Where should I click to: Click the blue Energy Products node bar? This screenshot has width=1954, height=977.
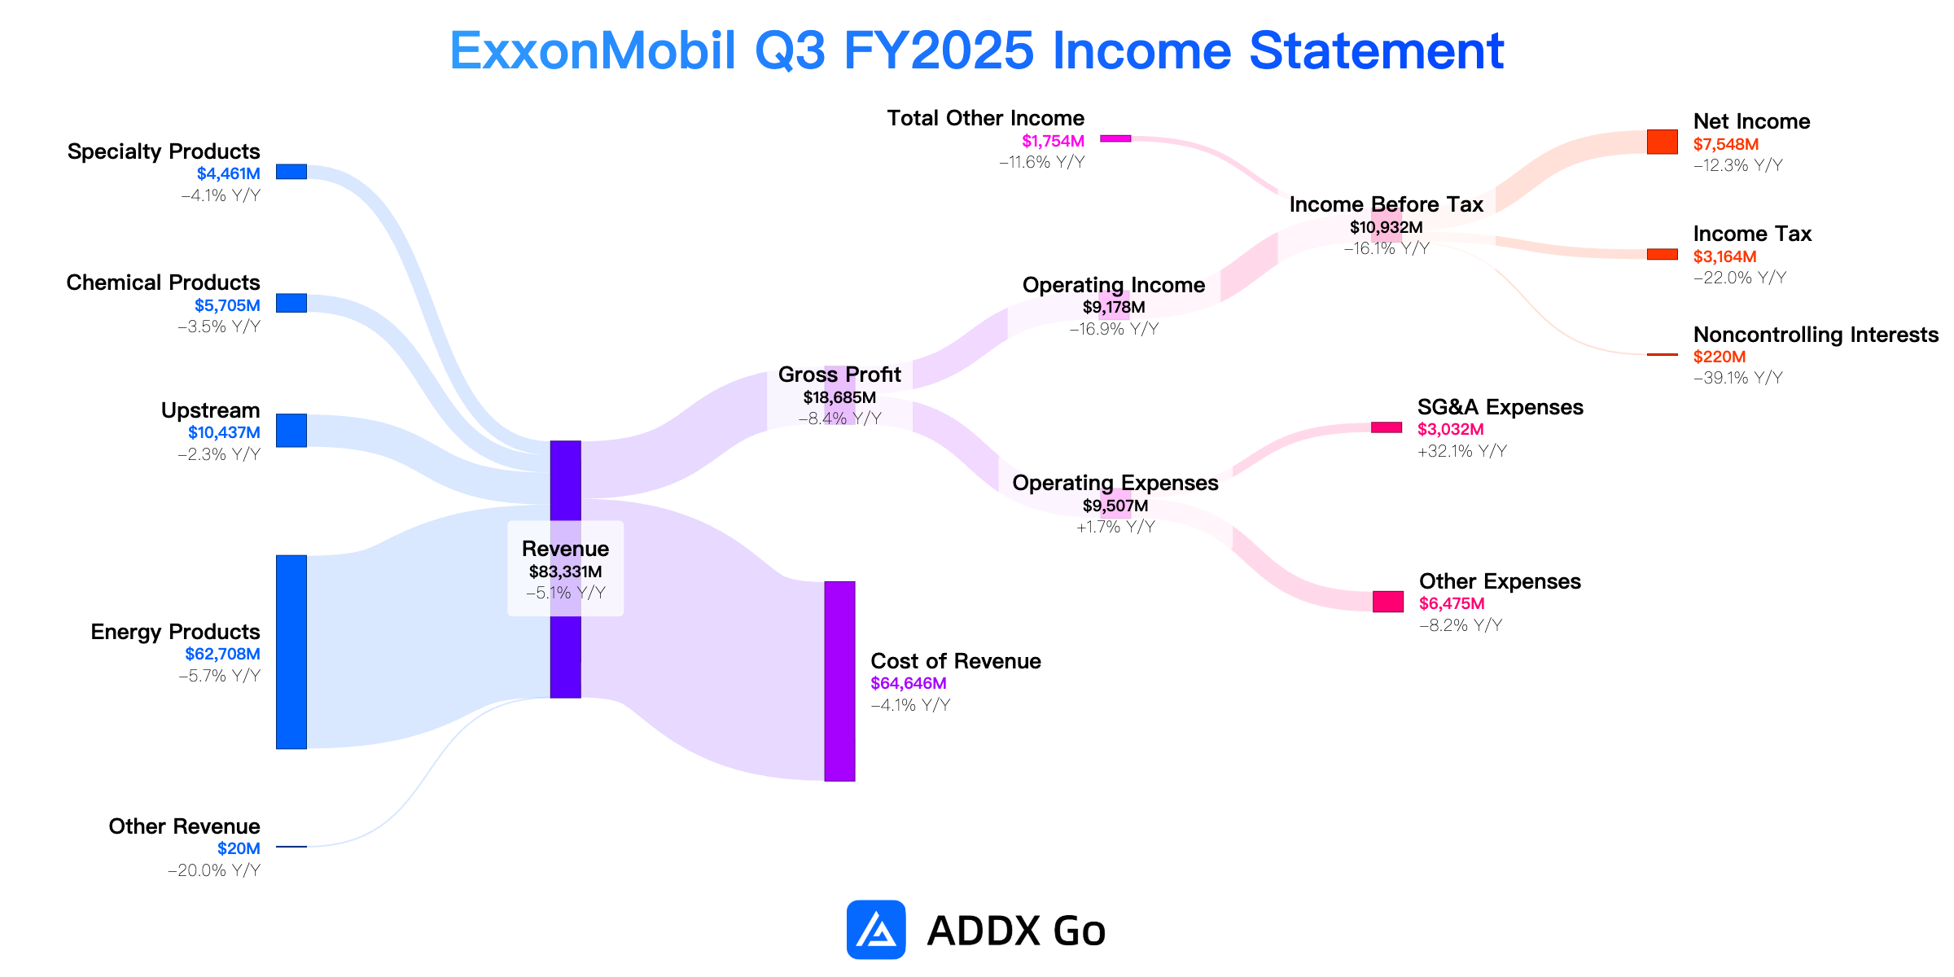click(x=291, y=652)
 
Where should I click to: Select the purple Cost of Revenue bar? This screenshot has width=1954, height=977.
click(x=839, y=681)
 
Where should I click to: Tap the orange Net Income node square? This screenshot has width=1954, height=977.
click(x=1662, y=142)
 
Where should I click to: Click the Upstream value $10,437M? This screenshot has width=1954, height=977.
click(x=224, y=432)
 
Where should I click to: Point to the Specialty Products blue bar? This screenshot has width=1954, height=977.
click(x=291, y=172)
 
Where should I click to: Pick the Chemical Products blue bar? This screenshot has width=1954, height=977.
click(x=291, y=303)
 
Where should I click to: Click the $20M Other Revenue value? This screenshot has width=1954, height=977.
click(x=239, y=848)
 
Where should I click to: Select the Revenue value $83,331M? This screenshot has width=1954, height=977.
click(x=565, y=572)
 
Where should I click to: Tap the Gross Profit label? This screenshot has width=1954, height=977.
click(x=839, y=375)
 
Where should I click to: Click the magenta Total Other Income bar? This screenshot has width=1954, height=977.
click(x=1115, y=138)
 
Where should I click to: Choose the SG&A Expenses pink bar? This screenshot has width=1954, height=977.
click(x=1387, y=427)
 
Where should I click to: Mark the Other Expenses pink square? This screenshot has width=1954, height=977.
click(x=1388, y=602)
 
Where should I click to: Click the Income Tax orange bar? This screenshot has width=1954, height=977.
click(x=1662, y=254)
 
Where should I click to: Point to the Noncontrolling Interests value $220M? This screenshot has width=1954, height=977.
click(x=1720, y=357)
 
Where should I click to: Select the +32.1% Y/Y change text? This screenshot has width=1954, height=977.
click(x=1462, y=451)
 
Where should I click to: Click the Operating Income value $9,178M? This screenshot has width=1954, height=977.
click(x=1114, y=307)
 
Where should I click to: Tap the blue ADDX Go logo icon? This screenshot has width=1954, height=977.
click(x=876, y=930)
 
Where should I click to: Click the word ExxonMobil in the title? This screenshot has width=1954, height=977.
click(x=593, y=50)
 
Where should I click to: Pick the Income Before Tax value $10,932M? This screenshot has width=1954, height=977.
click(x=1387, y=227)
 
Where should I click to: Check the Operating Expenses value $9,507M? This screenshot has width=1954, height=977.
click(x=1115, y=506)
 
